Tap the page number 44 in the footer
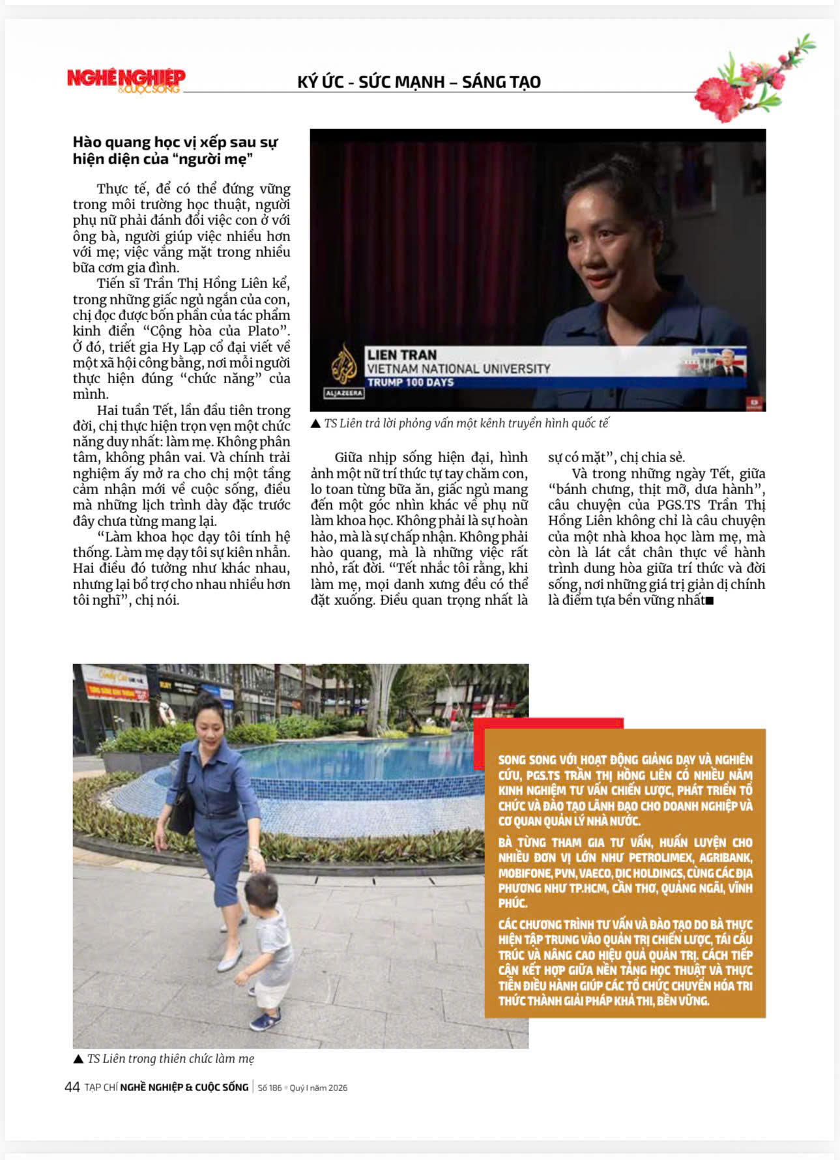[72, 1087]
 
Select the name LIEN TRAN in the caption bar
[401, 355]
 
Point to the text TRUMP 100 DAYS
[411, 383]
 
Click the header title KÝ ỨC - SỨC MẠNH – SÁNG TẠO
[419, 82]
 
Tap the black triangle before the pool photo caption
[78, 1059]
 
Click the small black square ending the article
[710, 601]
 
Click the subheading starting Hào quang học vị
[175, 151]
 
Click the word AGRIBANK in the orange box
[725, 858]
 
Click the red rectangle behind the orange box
[548, 723]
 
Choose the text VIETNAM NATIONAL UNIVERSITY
[458, 369]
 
